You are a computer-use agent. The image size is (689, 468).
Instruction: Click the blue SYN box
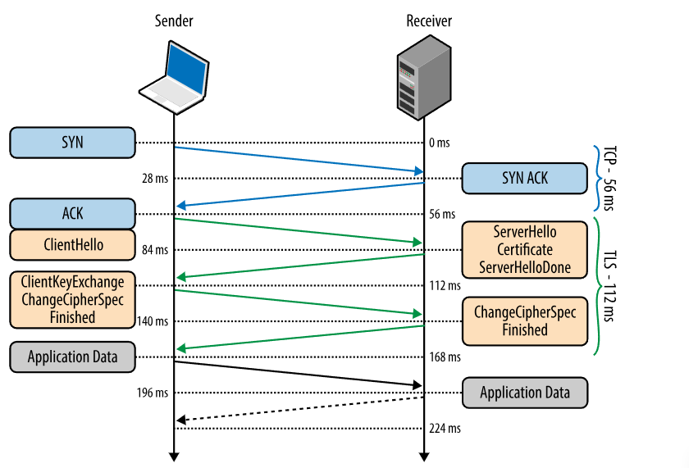pos(72,142)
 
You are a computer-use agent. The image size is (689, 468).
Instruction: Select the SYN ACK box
pos(525,178)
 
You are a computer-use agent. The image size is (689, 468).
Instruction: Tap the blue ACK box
pos(72,214)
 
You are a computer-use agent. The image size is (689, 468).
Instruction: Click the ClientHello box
pos(72,244)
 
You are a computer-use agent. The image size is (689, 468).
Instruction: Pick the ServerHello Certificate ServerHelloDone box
pos(525,249)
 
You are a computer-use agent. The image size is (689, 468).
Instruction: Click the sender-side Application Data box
pos(72,357)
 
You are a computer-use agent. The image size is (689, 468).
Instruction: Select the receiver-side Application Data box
pos(525,393)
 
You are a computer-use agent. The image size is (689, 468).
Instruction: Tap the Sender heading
pos(173,20)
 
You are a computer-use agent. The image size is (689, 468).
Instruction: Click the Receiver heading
pos(429,20)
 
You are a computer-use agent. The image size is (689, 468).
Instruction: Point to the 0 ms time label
pos(439,143)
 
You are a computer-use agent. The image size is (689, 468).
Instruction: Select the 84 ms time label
pos(155,250)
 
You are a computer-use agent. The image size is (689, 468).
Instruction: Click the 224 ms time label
pos(444,429)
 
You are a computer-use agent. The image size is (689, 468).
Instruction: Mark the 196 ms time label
pos(153,393)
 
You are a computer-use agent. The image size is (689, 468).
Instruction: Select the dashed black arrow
pos(299,409)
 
